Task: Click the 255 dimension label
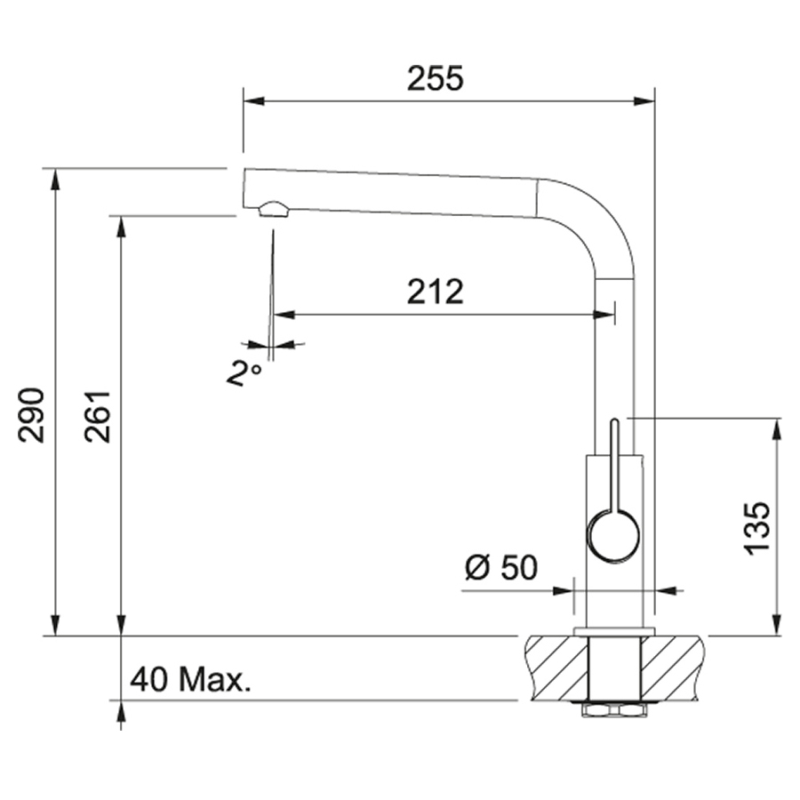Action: [436, 78]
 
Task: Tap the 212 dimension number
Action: [436, 292]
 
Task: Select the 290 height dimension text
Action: [31, 415]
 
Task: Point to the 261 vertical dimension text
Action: [98, 417]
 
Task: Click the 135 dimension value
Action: [756, 528]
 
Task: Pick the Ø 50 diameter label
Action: [501, 567]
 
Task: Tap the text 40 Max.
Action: [190, 680]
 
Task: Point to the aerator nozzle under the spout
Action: [274, 209]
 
